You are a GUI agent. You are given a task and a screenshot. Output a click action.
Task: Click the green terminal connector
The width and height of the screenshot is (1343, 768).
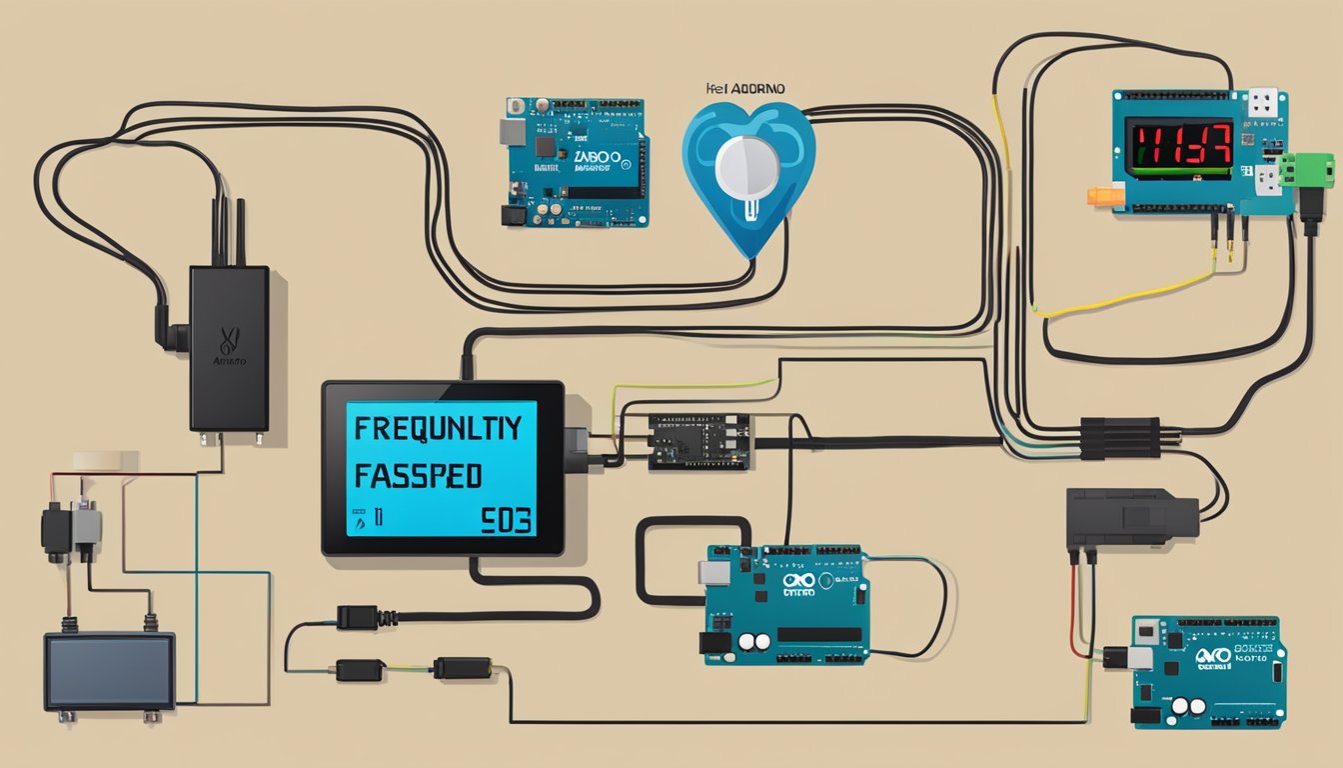click(1307, 170)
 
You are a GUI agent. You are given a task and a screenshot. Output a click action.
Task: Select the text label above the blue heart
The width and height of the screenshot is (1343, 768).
click(746, 89)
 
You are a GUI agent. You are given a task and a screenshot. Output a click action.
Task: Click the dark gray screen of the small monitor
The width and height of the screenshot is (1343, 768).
click(109, 670)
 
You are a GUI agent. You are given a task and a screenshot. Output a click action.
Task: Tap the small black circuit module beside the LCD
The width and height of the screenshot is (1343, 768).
click(698, 441)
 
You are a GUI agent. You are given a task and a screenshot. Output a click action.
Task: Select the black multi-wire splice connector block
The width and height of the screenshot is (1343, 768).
click(1120, 438)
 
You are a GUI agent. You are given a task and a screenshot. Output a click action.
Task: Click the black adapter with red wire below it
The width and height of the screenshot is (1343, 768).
click(1129, 518)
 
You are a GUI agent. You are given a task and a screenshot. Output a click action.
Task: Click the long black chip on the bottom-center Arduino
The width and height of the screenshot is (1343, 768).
click(819, 634)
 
